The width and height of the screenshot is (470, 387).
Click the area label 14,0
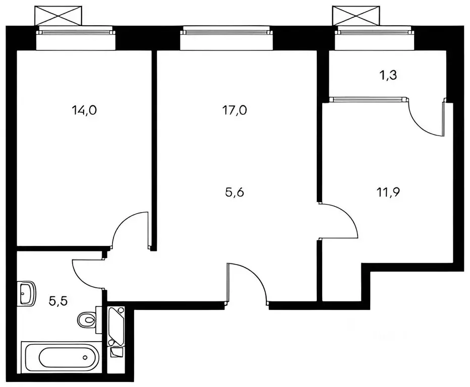click(x=84, y=111)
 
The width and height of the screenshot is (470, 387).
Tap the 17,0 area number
click(x=235, y=111)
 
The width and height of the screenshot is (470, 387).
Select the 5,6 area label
click(x=235, y=191)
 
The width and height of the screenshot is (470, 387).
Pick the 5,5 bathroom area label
click(x=58, y=302)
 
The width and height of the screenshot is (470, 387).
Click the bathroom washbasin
click(x=26, y=292)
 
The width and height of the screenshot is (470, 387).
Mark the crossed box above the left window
click(x=58, y=15)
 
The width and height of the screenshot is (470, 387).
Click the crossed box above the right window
click(x=356, y=15)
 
